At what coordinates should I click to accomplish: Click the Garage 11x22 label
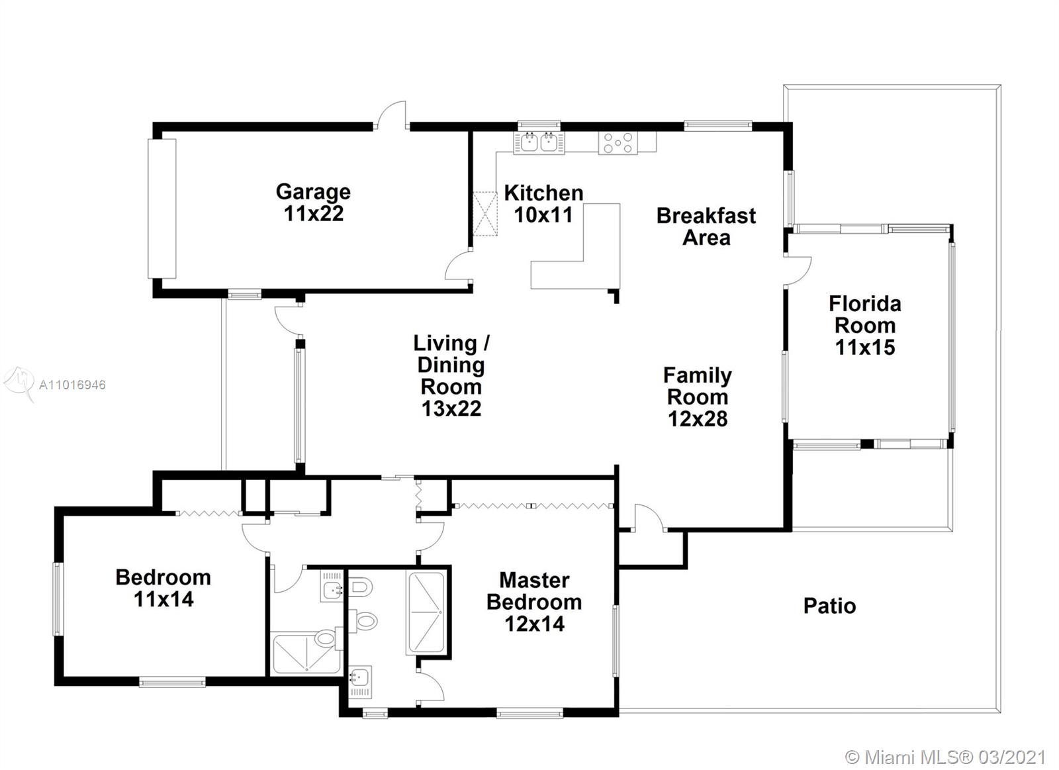[x=314, y=203]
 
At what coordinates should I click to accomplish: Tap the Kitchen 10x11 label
[x=543, y=204]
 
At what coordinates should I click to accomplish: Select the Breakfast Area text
[x=706, y=226]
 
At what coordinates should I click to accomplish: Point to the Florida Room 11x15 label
[x=865, y=325]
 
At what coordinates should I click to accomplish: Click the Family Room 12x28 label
[x=698, y=397]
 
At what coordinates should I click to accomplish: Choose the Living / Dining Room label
[x=451, y=375]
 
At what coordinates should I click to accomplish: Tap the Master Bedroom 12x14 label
[x=534, y=602]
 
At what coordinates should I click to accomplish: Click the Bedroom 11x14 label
[x=163, y=589]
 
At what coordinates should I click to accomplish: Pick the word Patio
[x=830, y=606]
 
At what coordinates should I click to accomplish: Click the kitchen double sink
[x=539, y=142]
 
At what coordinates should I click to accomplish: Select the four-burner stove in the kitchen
[x=618, y=142]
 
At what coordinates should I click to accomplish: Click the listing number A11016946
[x=72, y=385]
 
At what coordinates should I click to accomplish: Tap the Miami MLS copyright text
[x=946, y=757]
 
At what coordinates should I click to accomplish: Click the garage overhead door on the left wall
[x=162, y=209]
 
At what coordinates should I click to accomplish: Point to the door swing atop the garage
[x=391, y=115]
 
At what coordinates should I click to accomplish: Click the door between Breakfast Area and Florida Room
[x=798, y=271]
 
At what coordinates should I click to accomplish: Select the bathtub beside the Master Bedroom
[x=426, y=614]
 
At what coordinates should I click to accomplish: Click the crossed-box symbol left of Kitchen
[x=485, y=213]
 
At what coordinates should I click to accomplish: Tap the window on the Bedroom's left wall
[x=58, y=599]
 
